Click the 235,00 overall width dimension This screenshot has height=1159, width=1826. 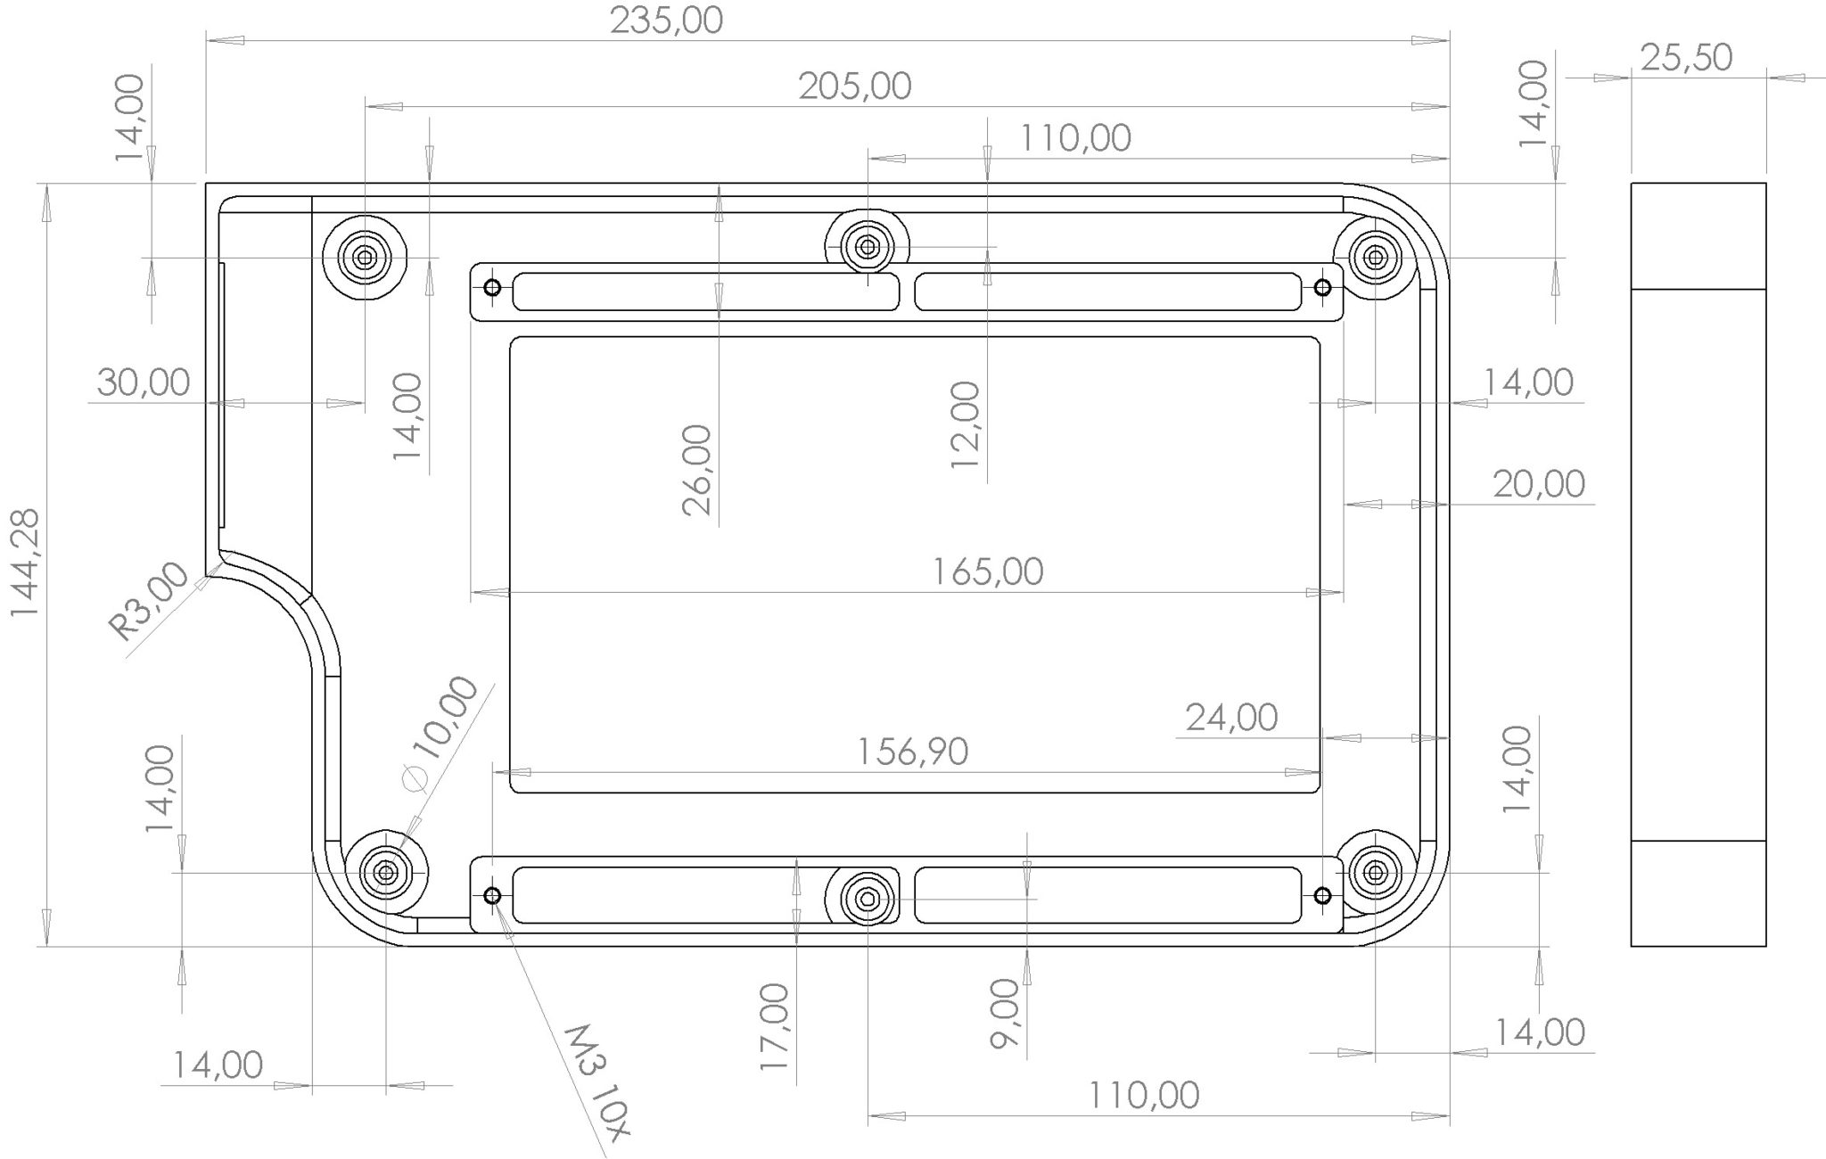pyautogui.click(x=666, y=21)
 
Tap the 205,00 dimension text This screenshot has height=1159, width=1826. pyautogui.click(x=854, y=86)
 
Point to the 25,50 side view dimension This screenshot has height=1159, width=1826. pyautogui.click(x=1686, y=58)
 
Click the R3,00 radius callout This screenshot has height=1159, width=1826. pyautogui.click(x=150, y=602)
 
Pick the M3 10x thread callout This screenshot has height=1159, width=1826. pyautogui.click(x=597, y=1078)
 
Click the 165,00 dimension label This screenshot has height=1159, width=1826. pyautogui.click(x=987, y=571)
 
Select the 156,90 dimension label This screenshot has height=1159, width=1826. pyautogui.click(x=912, y=752)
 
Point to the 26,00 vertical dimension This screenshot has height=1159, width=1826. pyautogui.click(x=697, y=469)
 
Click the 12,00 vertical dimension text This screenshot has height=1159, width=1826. pyautogui.click(x=966, y=424)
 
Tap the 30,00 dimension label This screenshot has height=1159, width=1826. pyautogui.click(x=143, y=383)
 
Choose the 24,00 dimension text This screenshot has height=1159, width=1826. pyautogui.click(x=1231, y=717)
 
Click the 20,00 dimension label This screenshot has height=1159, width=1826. pyautogui.click(x=1538, y=485)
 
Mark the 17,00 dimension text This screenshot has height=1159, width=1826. pyautogui.click(x=774, y=1026)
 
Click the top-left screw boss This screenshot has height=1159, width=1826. pyautogui.click(x=364, y=258)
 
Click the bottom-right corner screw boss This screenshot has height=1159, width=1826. pyautogui.click(x=1375, y=871)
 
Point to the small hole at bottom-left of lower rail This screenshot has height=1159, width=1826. pyautogui.click(x=492, y=896)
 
